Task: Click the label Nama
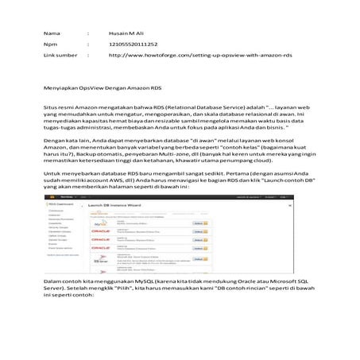pos(51,33)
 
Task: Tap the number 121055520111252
pos(133,45)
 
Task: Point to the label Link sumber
pos(60,56)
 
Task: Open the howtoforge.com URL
pos(199,56)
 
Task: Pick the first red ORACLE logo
pos(101,237)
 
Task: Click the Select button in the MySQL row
pos(198,224)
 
